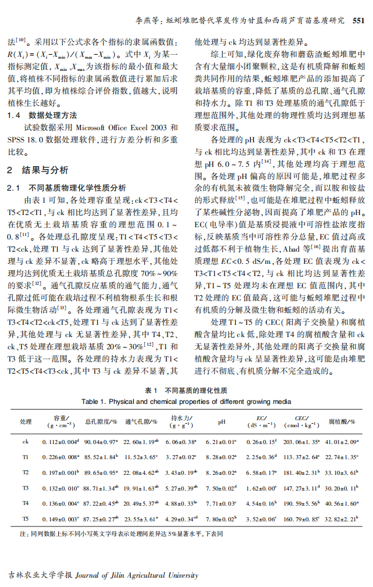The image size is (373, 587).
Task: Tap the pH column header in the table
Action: coord(221,422)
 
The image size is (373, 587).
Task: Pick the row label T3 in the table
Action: coord(26,486)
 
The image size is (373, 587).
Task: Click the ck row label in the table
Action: coord(26,442)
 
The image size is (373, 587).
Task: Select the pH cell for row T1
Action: coord(221,457)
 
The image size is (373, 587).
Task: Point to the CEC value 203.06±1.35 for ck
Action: coord(301,442)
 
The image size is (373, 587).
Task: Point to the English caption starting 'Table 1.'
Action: coord(186,401)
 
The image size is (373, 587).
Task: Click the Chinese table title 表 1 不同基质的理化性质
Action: coord(186,391)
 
